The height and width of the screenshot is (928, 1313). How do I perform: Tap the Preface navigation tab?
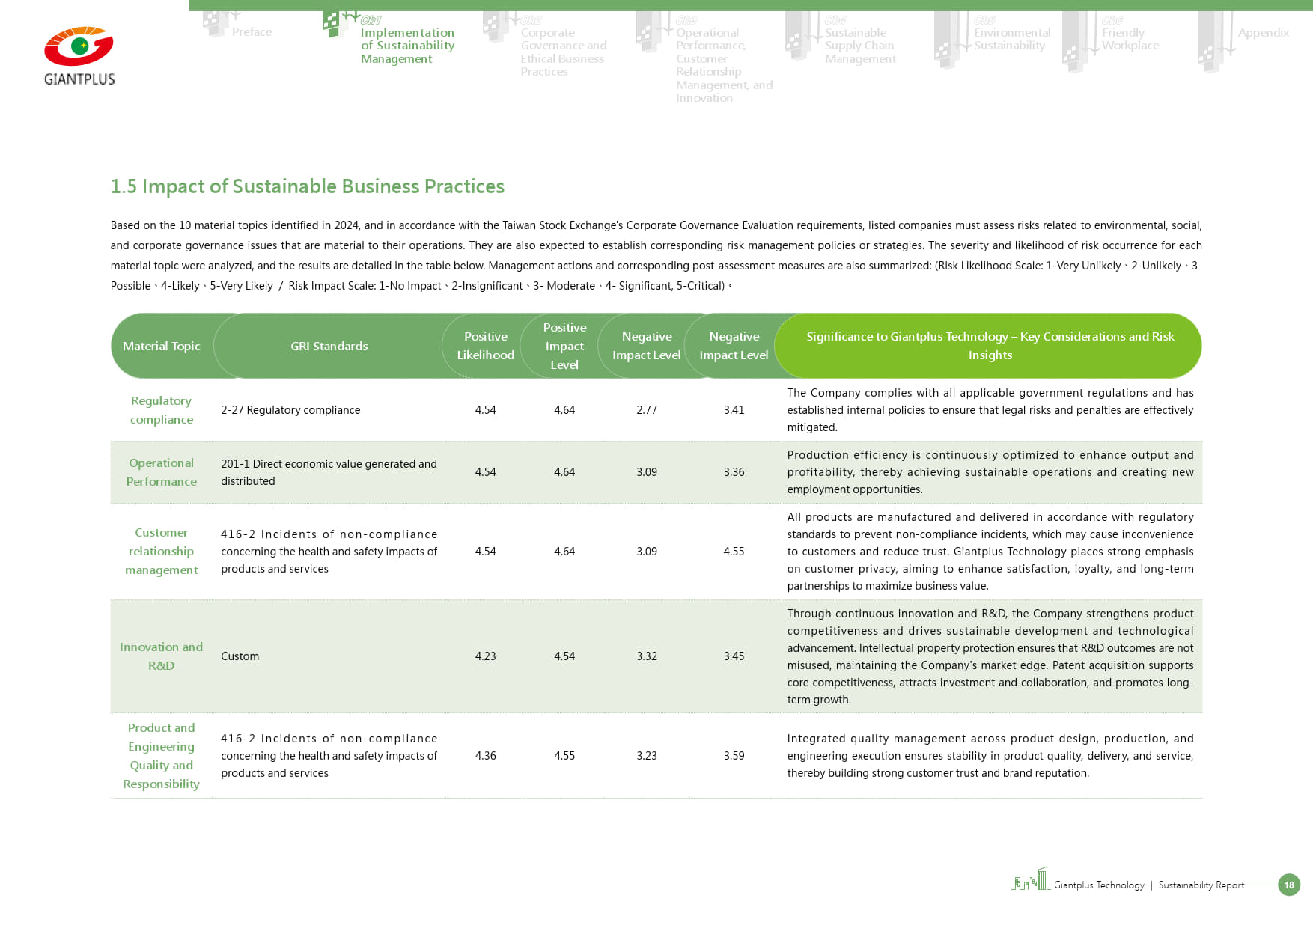pyautogui.click(x=252, y=32)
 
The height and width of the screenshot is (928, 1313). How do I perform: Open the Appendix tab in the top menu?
pyautogui.click(x=1263, y=33)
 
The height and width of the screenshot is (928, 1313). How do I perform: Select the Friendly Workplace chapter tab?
pyautogui.click(x=1130, y=39)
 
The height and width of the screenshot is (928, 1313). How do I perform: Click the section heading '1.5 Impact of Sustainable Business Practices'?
pyautogui.click(x=307, y=186)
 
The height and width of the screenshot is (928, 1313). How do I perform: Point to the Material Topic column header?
pyautogui.click(x=161, y=346)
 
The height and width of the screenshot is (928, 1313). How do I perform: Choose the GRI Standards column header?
pyautogui.click(x=329, y=346)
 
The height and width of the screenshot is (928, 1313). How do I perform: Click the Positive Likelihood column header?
pyautogui.click(x=485, y=346)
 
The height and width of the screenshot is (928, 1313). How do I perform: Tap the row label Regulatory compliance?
pyautogui.click(x=161, y=410)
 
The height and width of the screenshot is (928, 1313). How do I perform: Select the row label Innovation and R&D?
pyautogui.click(x=161, y=656)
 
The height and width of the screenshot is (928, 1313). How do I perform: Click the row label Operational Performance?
pyautogui.click(x=161, y=472)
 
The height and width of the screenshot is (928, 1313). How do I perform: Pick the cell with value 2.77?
pyautogui.click(x=646, y=410)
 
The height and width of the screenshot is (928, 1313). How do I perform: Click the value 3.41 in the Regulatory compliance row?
pyautogui.click(x=734, y=410)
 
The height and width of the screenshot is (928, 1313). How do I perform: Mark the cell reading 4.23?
pyautogui.click(x=485, y=656)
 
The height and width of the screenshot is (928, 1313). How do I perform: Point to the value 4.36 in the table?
pyautogui.click(x=485, y=756)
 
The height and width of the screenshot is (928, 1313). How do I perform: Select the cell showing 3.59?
pyautogui.click(x=734, y=756)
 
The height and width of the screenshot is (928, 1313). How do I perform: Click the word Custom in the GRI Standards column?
pyautogui.click(x=240, y=656)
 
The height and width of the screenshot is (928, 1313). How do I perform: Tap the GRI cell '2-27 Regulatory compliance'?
pyautogui.click(x=290, y=410)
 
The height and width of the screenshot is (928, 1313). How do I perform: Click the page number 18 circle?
pyautogui.click(x=1288, y=885)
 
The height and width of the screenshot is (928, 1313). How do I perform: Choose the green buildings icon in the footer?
pyautogui.click(x=1031, y=879)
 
